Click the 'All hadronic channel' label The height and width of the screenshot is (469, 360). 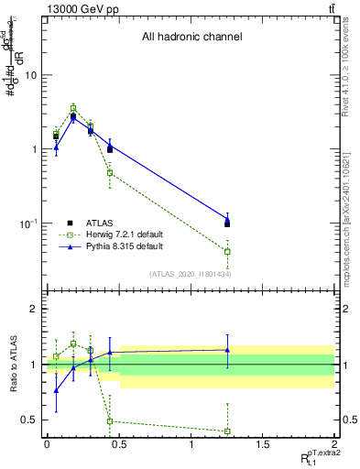coord(191,38)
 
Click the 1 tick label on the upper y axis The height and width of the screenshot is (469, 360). coord(34,149)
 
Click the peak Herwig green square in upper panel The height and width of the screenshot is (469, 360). coord(73,108)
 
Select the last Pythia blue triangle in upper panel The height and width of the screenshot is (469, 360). coord(227,218)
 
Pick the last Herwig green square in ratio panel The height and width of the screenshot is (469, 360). coord(227,431)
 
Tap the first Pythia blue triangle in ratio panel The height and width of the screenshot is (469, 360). coord(56,390)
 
